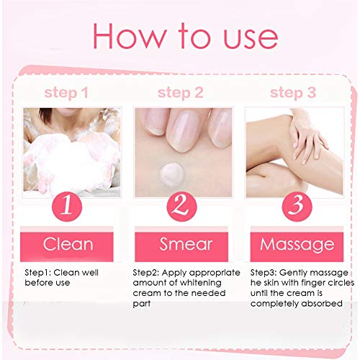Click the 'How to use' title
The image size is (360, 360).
pos(184,36)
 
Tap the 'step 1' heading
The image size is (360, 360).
pos(66,93)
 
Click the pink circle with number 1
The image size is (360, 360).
pos(67,206)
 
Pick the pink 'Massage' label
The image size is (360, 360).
pos(297,244)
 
